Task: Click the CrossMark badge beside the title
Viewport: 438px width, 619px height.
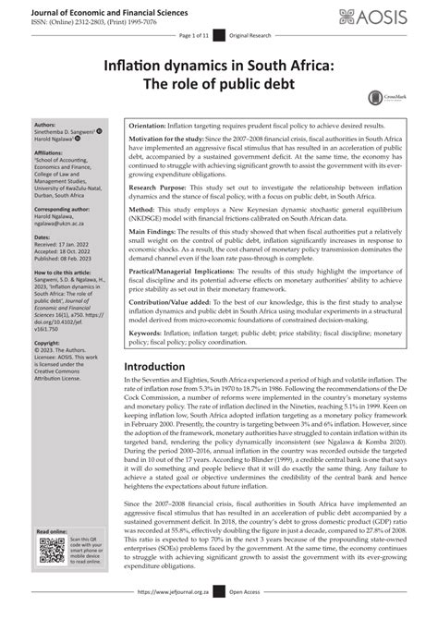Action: pyautogui.click(x=378, y=97)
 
